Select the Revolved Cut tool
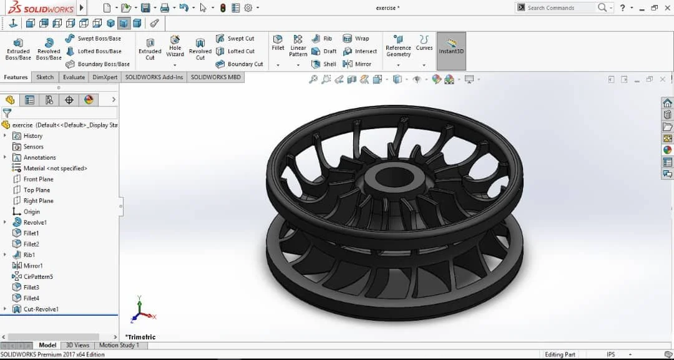[x=200, y=49]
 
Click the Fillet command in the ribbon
[x=278, y=42]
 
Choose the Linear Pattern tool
[x=298, y=46]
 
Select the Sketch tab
[x=45, y=77]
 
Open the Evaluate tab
[x=74, y=77]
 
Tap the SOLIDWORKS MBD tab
[x=215, y=77]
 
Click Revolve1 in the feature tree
[x=35, y=223]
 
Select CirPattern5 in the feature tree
[x=38, y=276]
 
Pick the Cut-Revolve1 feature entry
[x=41, y=309]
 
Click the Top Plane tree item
[x=37, y=190]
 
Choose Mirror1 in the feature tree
[x=33, y=266]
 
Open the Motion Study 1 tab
[x=119, y=345]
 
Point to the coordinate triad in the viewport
[x=140, y=312]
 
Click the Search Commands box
[x=559, y=7]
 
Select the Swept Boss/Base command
[x=99, y=39]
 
